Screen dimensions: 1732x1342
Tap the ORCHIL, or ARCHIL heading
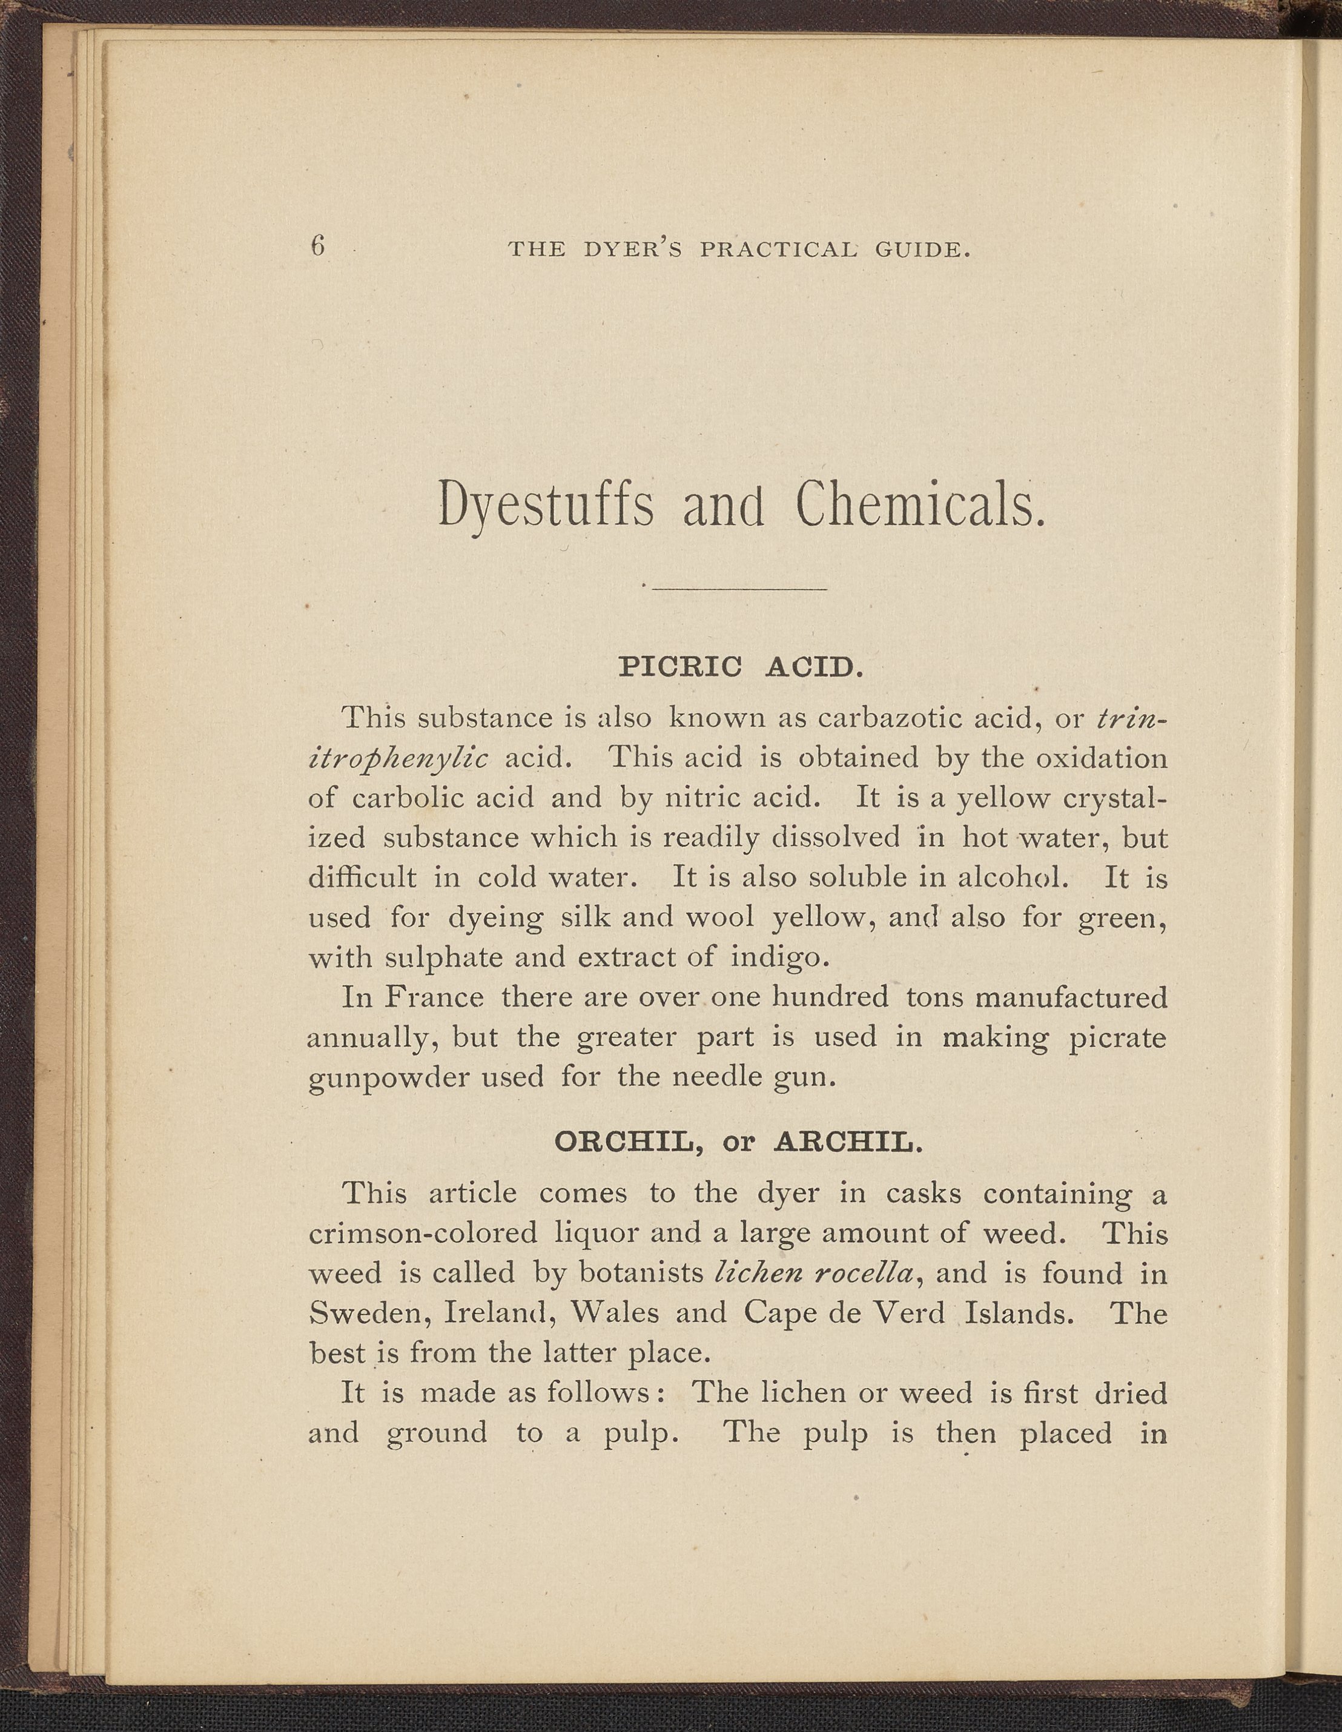click(738, 1143)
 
